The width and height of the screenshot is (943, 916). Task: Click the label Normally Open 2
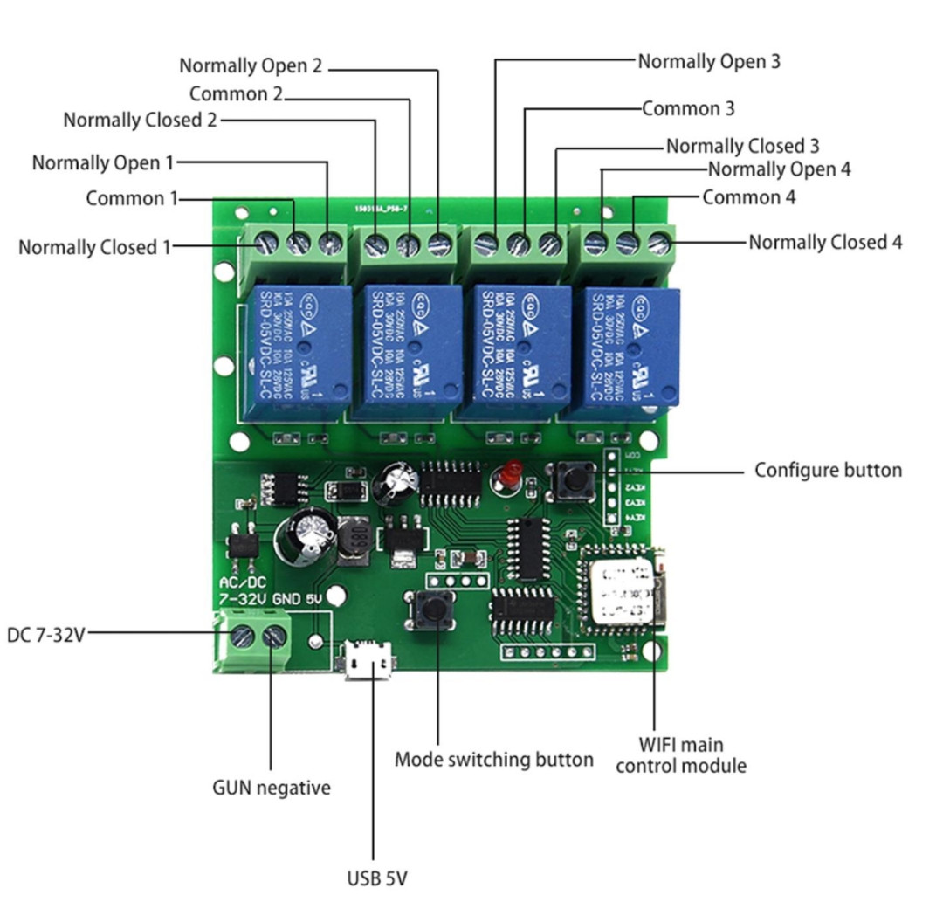[251, 65]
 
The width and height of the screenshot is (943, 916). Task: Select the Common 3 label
[688, 109]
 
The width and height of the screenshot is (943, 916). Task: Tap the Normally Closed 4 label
[825, 242]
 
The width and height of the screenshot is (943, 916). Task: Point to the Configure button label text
[828, 470]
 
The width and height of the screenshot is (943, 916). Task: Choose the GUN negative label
[272, 788]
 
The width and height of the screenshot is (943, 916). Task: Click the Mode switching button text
[494, 760]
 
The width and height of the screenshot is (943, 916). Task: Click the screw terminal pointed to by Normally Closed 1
[265, 244]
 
